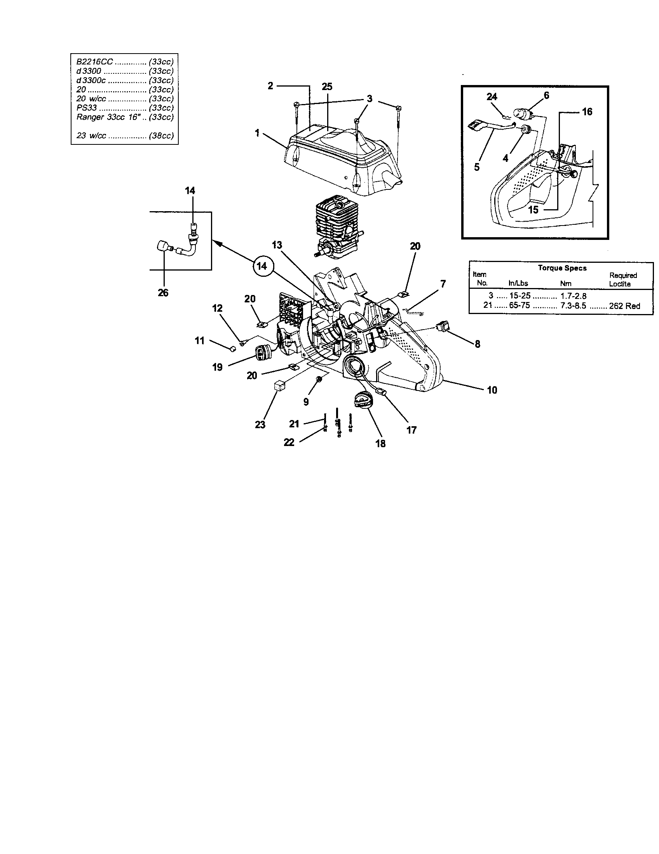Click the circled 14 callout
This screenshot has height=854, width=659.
pos(262,266)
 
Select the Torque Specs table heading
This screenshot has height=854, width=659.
pos(562,268)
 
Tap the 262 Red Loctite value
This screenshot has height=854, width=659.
pos(624,306)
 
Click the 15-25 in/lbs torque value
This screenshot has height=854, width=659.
pos(520,296)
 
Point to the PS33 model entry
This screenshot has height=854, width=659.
pos(87,108)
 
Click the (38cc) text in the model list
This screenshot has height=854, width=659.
pos(161,136)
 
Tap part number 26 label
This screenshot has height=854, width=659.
pos(163,293)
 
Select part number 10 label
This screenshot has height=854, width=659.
pos(492,390)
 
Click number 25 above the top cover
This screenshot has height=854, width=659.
pos(327,87)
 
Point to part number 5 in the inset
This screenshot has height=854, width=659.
pos(476,167)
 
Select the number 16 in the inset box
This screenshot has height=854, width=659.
pos(587,112)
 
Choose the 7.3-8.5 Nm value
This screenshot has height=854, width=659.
pos(573,306)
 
